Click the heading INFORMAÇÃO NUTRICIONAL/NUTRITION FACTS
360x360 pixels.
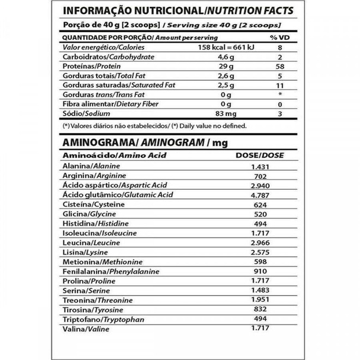pos(178,11)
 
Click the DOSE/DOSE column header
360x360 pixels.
pos(259,155)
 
